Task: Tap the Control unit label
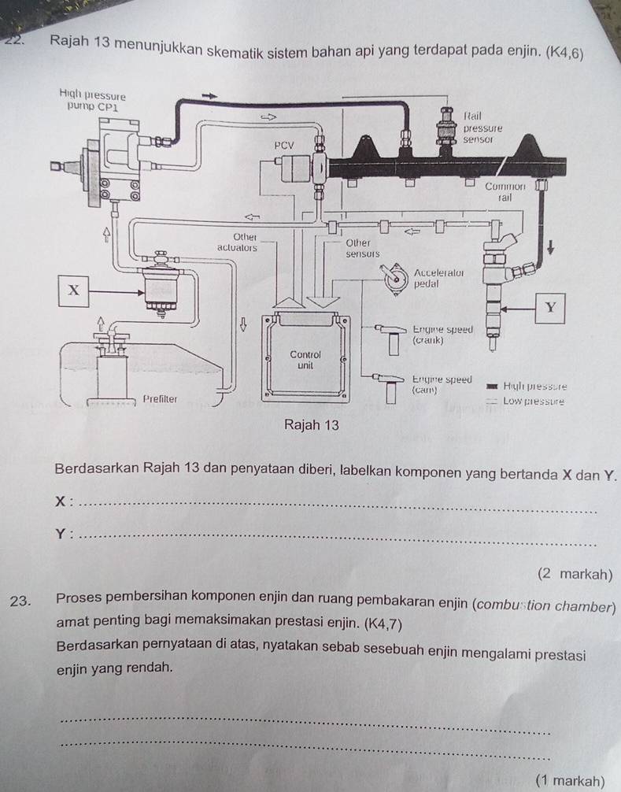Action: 301,360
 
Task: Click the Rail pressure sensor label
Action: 482,126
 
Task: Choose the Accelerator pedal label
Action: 437,277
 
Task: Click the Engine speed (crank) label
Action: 442,335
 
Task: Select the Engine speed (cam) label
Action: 441,384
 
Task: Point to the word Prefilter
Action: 160,399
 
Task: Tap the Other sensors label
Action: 363,248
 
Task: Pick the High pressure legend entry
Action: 538,387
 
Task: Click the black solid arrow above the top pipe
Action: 209,95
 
